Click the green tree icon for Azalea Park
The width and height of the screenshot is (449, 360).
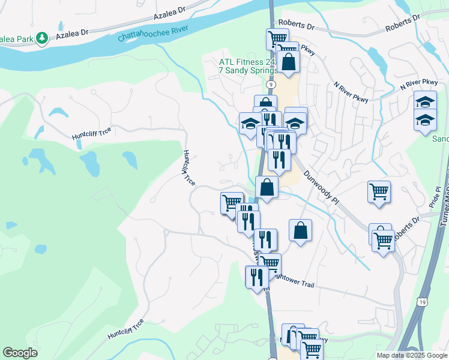(x=41, y=38)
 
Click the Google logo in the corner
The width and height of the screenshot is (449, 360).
(x=20, y=353)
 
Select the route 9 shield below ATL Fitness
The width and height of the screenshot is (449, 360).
(x=264, y=85)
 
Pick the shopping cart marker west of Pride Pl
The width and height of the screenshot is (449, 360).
(x=379, y=192)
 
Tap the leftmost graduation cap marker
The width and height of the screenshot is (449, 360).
(x=250, y=124)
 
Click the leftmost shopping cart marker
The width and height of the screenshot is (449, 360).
(x=231, y=202)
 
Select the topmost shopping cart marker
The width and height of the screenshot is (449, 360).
(x=277, y=39)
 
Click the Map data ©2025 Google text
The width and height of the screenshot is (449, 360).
(x=412, y=355)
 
